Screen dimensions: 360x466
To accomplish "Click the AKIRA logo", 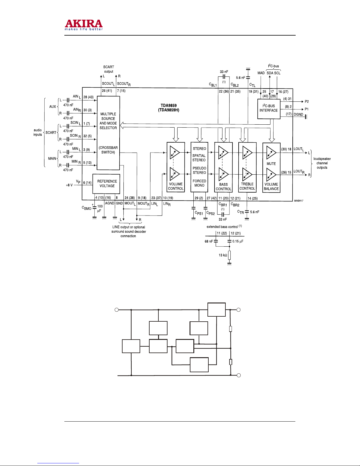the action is pos(83,25).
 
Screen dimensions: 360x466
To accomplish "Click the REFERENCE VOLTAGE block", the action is pos(106,184).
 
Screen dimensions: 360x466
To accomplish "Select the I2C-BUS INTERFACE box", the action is pos(269,109).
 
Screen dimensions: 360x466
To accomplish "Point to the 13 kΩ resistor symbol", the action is pos(229,255).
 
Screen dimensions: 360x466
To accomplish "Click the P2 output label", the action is pos(307,101).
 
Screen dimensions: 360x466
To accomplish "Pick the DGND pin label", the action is pos(298,114).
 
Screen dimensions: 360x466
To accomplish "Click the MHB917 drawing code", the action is pos(299,201).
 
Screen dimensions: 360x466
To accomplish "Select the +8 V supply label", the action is pos(69,185).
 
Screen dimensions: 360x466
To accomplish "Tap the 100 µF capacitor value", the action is pos(100,208).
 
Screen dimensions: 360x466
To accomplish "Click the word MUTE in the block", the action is pos(271,164).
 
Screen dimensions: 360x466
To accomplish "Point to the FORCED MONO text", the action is pos(199,183).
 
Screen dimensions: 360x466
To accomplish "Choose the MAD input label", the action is pos(261,73).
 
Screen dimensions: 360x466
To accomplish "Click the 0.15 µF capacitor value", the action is pos(238,241).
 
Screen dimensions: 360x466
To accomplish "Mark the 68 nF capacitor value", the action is pos(209,241).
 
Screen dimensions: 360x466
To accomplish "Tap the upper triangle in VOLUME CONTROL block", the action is pos(175,153).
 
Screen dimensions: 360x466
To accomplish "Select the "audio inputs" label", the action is pos(38,132).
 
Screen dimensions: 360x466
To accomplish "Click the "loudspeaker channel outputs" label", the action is pos(322,163).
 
